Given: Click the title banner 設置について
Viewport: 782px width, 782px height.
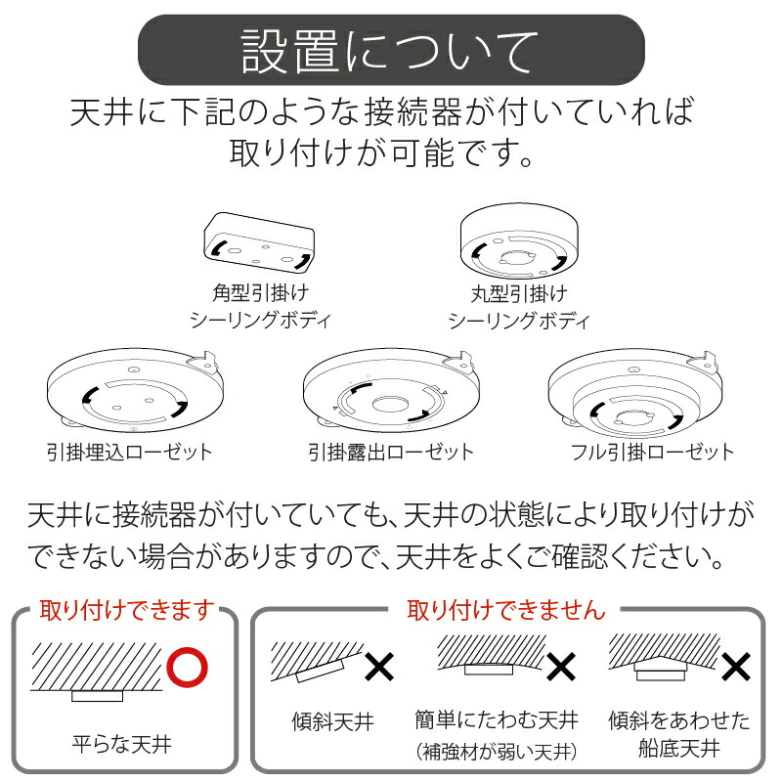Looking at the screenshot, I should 390,50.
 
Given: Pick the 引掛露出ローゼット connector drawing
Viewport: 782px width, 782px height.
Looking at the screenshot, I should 390,394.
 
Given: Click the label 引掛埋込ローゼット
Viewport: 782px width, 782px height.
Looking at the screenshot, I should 129,452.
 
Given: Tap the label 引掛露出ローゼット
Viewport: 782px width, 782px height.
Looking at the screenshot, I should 391,452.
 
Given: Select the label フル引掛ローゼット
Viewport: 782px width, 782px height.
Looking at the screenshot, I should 652,452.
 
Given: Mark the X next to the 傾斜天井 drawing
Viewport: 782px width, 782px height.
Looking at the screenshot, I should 379,668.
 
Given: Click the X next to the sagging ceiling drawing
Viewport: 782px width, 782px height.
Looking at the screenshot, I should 560,668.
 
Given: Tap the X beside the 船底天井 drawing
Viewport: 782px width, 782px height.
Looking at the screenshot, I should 735,668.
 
